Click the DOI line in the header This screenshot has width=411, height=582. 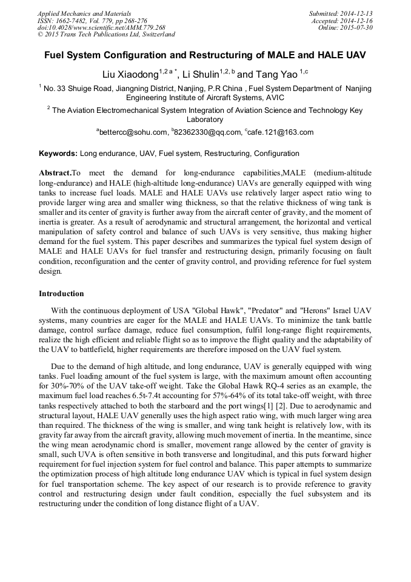(101, 28)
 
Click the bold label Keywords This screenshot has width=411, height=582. (58, 154)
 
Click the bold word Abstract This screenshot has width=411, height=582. (55, 174)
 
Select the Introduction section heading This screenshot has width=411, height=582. (61, 294)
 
